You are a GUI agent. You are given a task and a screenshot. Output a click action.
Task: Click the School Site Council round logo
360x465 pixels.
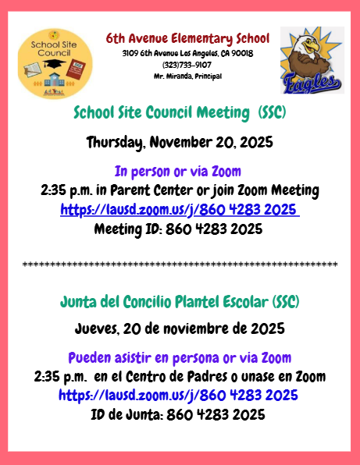pos(54,63)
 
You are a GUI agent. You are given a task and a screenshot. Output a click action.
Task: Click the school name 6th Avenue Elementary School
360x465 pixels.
pos(187,38)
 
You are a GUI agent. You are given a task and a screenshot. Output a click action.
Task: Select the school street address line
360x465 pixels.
pos(187,53)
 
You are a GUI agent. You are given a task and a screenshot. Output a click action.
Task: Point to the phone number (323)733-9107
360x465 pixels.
pos(187,64)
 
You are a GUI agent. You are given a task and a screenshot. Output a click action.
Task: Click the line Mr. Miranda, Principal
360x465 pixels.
pos(187,76)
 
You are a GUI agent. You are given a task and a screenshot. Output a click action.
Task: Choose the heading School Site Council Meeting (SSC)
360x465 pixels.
pos(180,112)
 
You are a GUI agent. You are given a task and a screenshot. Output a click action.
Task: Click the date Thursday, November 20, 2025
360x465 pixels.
pos(180,142)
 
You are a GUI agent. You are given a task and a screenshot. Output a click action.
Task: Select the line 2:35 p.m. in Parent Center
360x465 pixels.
pos(180,190)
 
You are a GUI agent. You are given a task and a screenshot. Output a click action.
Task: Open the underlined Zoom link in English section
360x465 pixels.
pos(180,210)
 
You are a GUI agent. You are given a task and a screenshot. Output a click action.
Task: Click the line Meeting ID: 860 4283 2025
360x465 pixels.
pos(180,229)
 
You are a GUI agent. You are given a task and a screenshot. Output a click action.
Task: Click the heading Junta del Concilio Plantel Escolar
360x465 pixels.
pos(180,301)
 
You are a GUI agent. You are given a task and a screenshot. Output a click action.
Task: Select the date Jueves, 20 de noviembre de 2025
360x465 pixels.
pos(180,328)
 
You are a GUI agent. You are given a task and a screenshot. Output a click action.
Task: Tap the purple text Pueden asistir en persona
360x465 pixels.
pos(180,358)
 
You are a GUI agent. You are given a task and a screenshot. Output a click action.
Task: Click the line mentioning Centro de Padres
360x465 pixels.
pos(180,377)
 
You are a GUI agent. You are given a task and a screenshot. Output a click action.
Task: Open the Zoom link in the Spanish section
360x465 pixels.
pos(180,396)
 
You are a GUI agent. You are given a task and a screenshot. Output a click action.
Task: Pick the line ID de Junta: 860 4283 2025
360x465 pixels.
pos(180,414)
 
